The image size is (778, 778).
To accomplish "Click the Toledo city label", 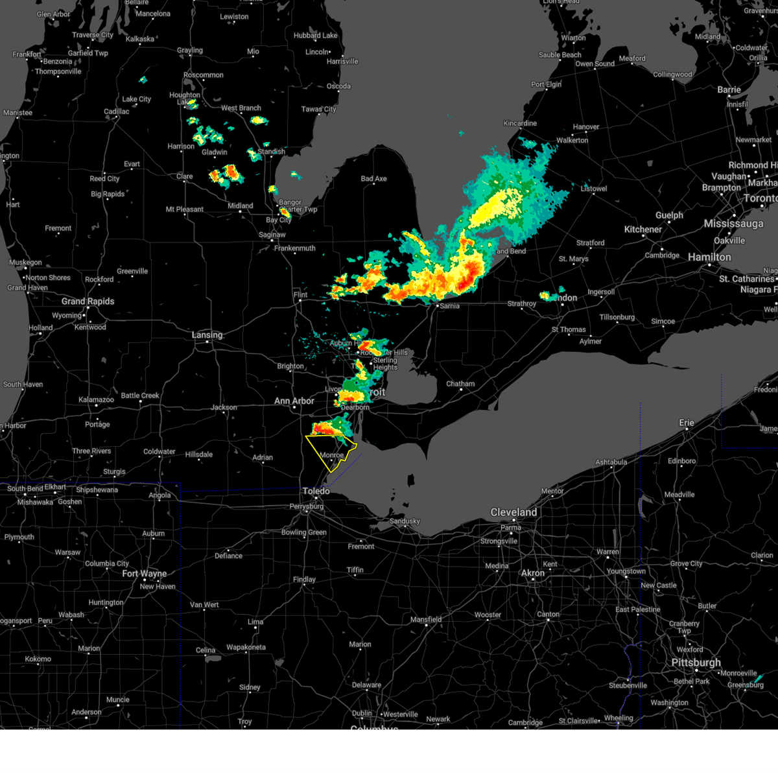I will point(316,491).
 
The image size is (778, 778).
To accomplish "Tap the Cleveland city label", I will point(513,512).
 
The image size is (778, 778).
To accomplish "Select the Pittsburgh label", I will point(696,662).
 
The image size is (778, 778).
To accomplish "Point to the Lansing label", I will point(207,335).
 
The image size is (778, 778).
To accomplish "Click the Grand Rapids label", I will point(88,301).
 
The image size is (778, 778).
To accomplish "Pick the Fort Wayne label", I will point(144,573).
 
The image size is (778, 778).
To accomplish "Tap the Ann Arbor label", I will point(294,401).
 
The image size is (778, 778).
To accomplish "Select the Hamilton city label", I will point(709,257).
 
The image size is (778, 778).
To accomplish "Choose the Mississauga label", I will point(733,224).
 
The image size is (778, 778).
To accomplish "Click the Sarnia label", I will point(449,306).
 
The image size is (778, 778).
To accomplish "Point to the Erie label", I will point(687,422).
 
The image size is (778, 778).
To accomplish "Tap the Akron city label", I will point(533,573).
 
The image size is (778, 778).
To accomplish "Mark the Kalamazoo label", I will point(96,399).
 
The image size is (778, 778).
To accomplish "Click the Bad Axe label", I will point(373,178).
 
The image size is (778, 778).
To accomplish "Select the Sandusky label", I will point(405,521).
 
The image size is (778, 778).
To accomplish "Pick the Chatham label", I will point(460,384).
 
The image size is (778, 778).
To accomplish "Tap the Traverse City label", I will point(93,35).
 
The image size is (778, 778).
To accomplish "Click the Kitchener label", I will point(642,229).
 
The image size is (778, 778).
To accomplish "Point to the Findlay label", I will point(304,580).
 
